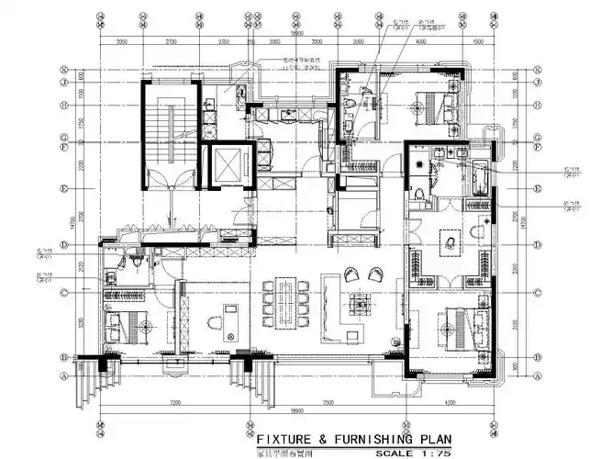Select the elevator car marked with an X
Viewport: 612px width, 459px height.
(x=224, y=166)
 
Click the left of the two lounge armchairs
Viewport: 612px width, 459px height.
(x=351, y=274)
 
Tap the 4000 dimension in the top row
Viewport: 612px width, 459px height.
(x=422, y=42)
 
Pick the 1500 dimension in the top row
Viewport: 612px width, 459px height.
(x=477, y=42)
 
